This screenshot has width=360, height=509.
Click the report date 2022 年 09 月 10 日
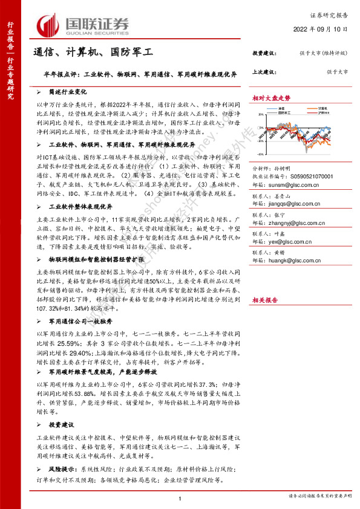pyautogui.click(x=321, y=29)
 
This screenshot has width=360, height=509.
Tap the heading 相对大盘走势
pyautogui.click(x=271, y=97)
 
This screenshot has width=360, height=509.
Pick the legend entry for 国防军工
pyautogui.click(x=282, y=112)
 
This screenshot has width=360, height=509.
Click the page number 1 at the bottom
pyautogui.click(x=180, y=498)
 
